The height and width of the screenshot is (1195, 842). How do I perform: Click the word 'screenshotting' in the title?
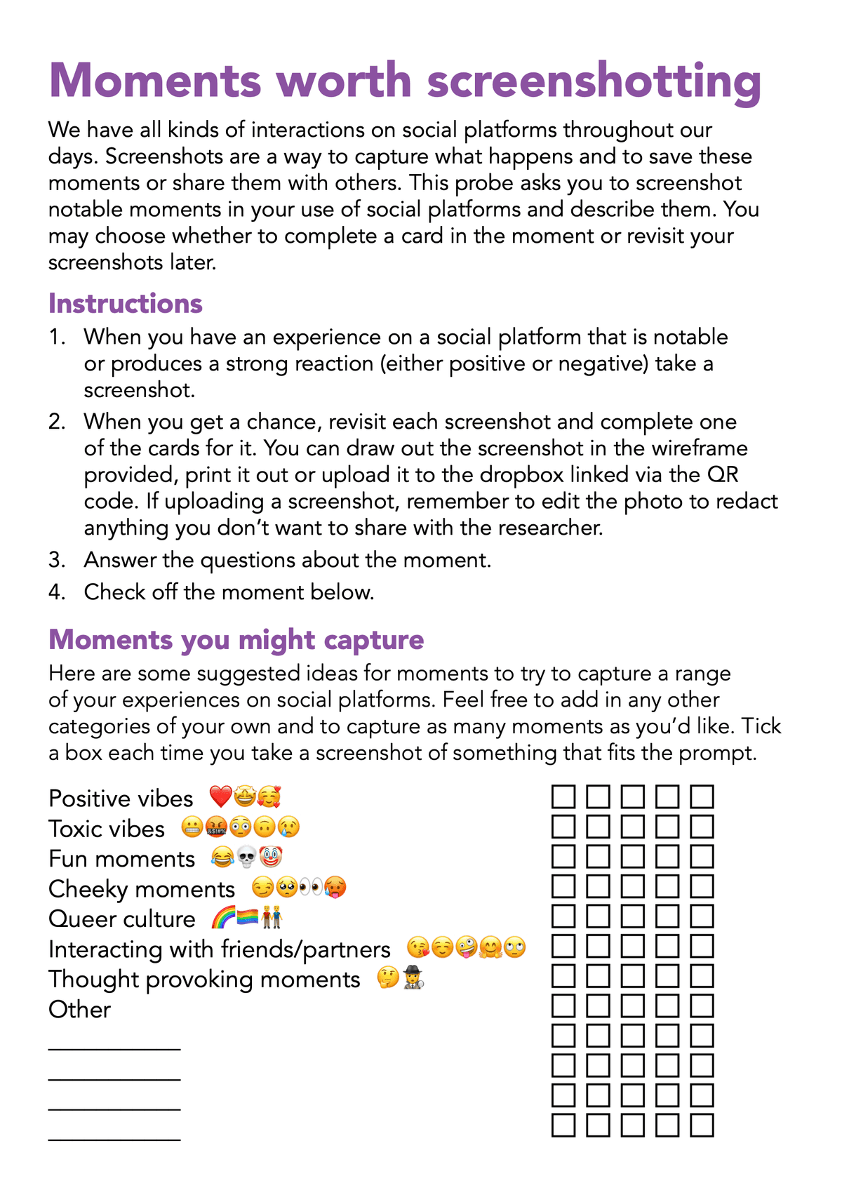(x=594, y=81)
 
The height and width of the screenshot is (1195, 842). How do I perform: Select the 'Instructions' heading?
(x=125, y=304)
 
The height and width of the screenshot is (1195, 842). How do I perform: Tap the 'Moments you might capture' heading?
(x=236, y=640)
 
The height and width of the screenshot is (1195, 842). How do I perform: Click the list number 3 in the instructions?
(x=57, y=560)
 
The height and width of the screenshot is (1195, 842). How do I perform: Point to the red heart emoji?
(x=220, y=797)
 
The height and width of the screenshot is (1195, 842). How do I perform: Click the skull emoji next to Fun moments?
(x=246, y=857)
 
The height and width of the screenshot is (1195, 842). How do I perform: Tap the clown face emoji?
(x=269, y=857)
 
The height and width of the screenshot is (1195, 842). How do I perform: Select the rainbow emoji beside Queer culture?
(x=223, y=918)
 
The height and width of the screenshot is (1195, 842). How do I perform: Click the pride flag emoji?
(x=247, y=918)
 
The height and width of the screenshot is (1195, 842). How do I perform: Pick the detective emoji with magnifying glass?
(x=413, y=978)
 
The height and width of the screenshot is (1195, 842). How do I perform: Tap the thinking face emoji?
(x=388, y=978)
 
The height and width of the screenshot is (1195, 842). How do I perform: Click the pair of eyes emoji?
(x=310, y=888)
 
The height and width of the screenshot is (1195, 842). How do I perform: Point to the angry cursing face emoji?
(x=215, y=827)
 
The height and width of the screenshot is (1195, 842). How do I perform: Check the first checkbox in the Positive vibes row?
(x=563, y=797)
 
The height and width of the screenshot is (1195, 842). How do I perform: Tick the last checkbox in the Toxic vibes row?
(x=702, y=827)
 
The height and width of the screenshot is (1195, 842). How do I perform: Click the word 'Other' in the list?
(x=79, y=1010)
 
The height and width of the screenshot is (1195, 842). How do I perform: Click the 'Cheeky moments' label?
(x=141, y=889)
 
